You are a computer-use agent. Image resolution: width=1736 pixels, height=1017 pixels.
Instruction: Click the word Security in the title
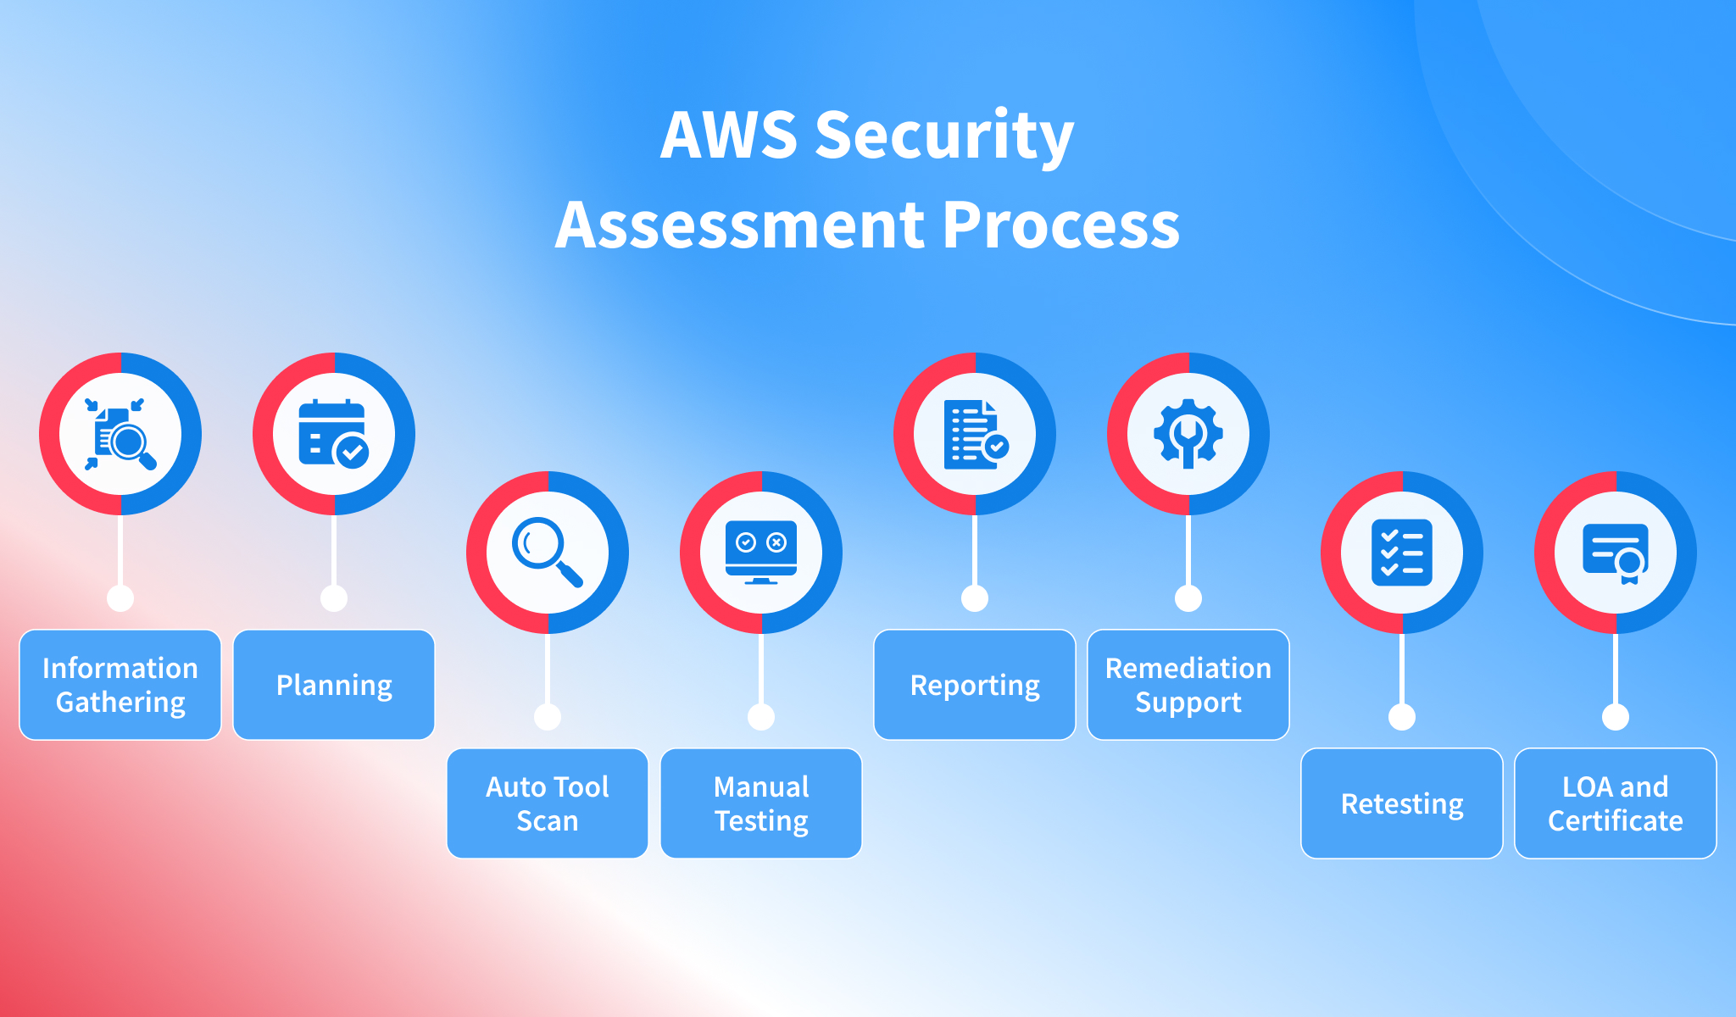(943, 136)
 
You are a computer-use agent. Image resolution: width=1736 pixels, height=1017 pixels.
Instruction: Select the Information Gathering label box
(120, 685)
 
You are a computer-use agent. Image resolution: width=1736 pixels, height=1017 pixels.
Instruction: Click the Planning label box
(334, 685)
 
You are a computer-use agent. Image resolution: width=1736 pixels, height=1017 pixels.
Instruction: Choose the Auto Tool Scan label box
(548, 803)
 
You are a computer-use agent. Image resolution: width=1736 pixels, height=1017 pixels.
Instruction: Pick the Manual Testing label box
(761, 803)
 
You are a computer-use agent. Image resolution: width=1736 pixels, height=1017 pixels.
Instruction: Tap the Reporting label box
(975, 685)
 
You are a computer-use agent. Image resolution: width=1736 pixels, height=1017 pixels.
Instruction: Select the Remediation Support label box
(1188, 685)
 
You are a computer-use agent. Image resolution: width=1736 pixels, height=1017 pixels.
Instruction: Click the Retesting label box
(1402, 803)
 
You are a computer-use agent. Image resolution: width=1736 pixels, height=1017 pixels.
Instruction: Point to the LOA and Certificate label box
(1616, 803)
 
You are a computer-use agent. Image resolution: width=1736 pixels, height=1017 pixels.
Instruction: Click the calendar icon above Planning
(333, 433)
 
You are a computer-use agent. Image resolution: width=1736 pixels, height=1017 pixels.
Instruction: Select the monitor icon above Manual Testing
(761, 552)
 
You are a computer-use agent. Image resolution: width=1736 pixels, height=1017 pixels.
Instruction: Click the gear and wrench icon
(1188, 433)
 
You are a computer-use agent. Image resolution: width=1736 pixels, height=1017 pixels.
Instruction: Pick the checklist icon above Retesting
(1402, 552)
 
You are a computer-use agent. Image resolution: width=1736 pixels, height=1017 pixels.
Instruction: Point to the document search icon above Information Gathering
(120, 433)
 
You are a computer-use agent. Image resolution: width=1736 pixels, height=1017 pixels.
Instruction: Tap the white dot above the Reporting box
(975, 598)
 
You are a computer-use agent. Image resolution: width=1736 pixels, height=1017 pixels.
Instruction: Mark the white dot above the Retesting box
(1402, 717)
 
